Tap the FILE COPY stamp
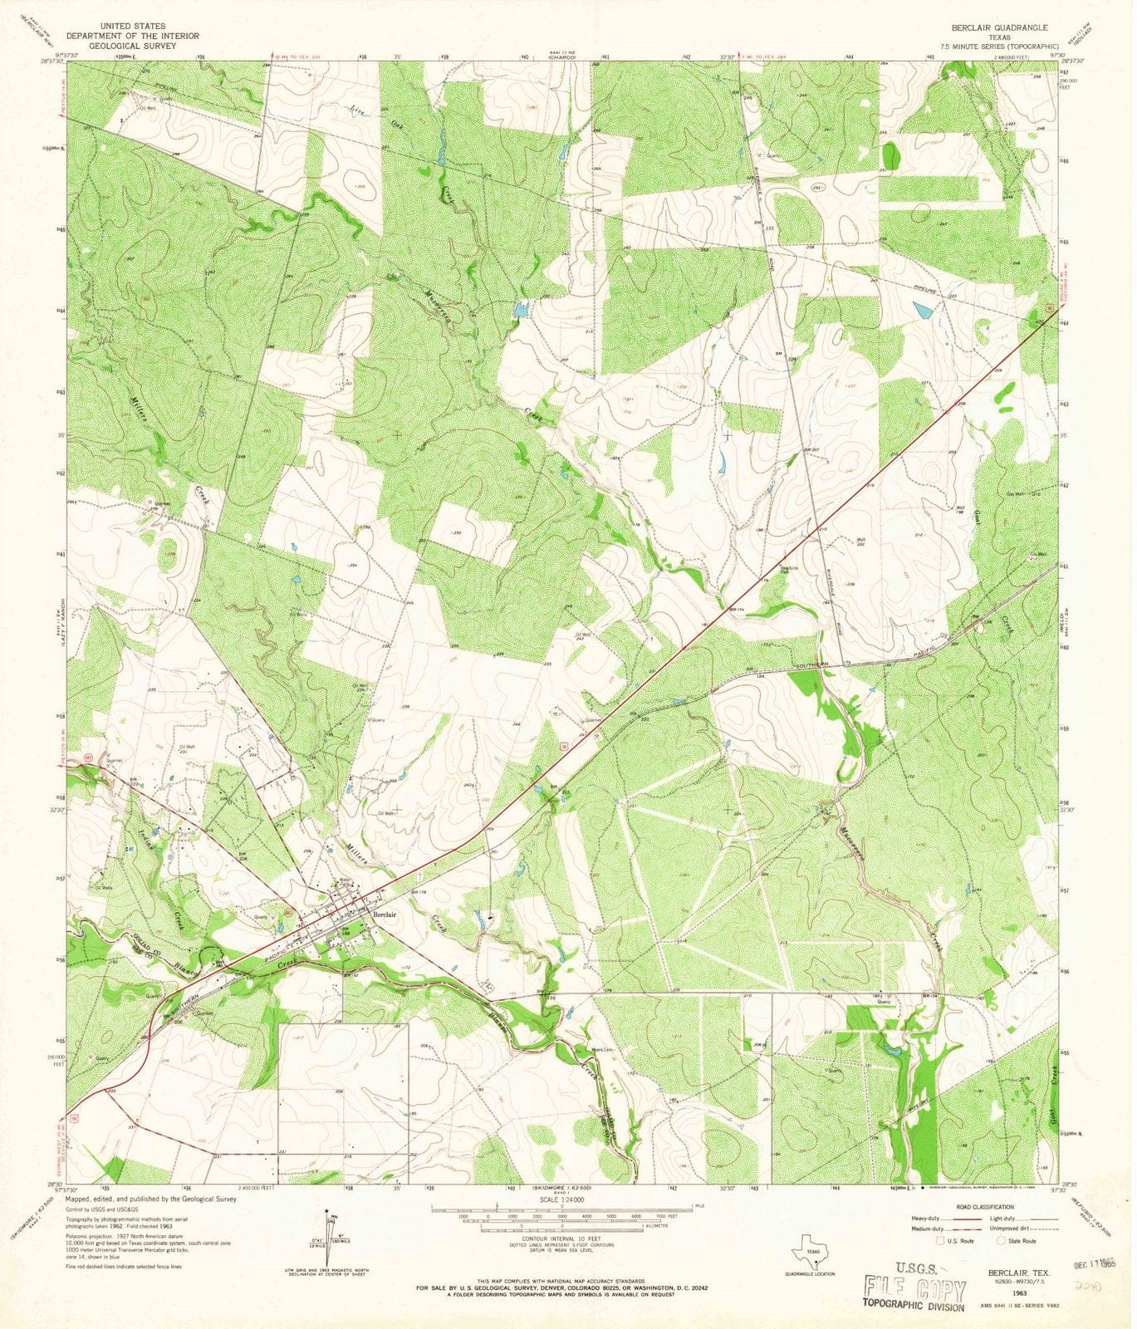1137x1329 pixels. tap(914, 1289)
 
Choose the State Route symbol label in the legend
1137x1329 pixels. tap(1022, 1241)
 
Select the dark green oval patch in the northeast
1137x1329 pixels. tap(891, 155)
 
